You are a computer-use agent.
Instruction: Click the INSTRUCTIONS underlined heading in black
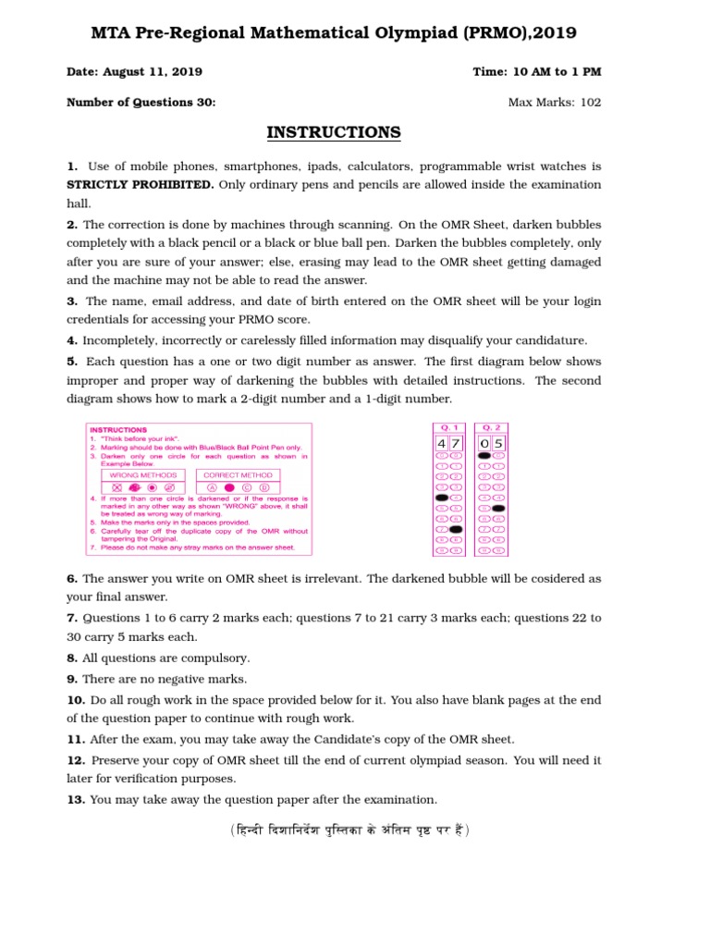[x=334, y=132]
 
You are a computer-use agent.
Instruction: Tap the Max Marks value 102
[x=591, y=103]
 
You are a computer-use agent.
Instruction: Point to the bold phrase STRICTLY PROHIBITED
[x=140, y=184]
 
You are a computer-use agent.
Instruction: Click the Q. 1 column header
[x=448, y=428]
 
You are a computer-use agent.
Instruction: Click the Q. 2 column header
[x=491, y=428]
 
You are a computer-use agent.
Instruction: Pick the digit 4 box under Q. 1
[x=442, y=443]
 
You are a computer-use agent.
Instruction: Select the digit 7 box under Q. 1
[x=455, y=443]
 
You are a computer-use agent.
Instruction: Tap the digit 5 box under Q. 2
[x=498, y=443]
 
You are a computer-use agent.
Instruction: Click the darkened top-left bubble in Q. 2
[x=484, y=456]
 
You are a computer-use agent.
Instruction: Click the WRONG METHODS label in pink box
[x=143, y=474]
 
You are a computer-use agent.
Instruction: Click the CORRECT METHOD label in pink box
[x=238, y=474]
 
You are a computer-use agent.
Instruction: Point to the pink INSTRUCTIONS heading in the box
[x=117, y=430]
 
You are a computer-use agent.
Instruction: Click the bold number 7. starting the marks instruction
[x=72, y=618]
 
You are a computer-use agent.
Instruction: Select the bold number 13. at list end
[x=76, y=800]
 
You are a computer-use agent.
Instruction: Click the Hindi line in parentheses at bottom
[x=350, y=830]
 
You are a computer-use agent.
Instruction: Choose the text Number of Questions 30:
[x=141, y=103]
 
